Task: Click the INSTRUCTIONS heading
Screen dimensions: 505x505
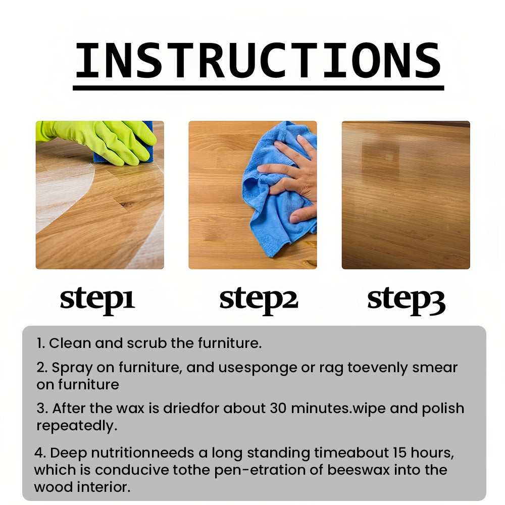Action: tap(258, 61)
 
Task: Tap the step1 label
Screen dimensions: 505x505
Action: tap(97, 300)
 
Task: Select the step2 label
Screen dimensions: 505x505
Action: tap(259, 300)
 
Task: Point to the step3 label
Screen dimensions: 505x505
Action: tap(406, 300)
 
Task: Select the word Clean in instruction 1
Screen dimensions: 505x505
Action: tap(70, 343)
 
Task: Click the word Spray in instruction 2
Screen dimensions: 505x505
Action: tap(72, 368)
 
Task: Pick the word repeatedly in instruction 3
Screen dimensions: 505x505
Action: tap(77, 426)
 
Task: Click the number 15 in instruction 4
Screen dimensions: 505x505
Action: tap(399, 453)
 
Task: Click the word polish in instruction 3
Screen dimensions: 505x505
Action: tap(443, 409)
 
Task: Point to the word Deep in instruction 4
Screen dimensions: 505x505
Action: tap(69, 453)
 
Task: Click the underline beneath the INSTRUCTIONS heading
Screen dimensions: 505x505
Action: tap(258, 88)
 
